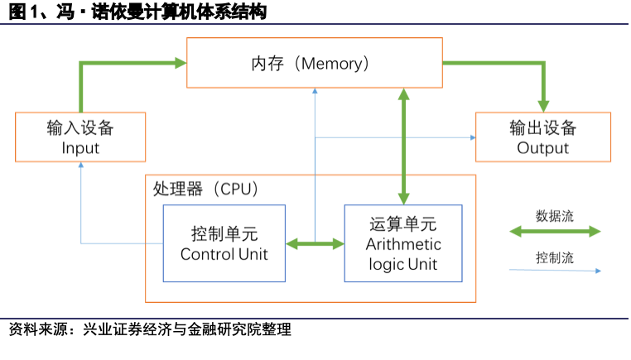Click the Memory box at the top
tap(314, 62)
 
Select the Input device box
tap(80, 137)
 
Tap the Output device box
tap(543, 137)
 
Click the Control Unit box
tap(224, 243)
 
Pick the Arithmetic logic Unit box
tap(403, 243)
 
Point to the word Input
tap(80, 148)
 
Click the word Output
tap(543, 148)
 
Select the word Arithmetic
tap(403, 244)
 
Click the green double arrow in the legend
tap(555, 233)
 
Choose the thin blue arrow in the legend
tap(555, 270)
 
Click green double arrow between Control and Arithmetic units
tap(315, 243)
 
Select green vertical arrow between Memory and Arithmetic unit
tap(404, 146)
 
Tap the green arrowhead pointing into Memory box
tap(180, 61)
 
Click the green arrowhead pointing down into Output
tap(543, 105)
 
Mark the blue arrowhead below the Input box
tap(81, 166)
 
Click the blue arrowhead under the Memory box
tap(315, 92)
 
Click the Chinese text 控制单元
tap(224, 233)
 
